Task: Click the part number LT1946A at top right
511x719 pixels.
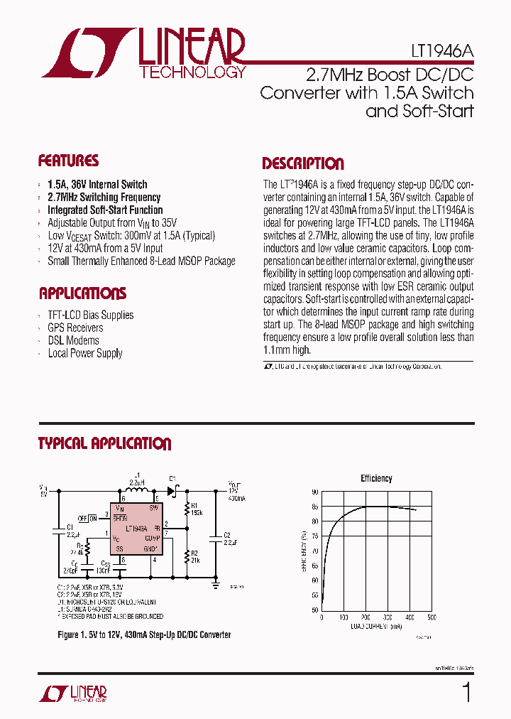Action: pos(442,53)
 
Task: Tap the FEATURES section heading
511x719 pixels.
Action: pos(68,161)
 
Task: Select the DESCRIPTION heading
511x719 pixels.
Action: pos(302,164)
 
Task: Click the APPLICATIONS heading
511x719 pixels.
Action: pos(82,293)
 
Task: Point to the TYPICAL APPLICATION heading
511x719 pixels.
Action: pos(104,444)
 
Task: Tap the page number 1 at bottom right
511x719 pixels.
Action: pos(466,691)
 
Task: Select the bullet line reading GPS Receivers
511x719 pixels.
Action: pos(75,328)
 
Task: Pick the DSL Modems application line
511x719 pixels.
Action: pos(73,341)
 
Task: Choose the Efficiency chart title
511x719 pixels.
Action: pos(376,479)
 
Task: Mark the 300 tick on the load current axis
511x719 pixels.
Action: pos(388,617)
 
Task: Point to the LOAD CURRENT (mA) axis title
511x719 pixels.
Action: pos(376,626)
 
